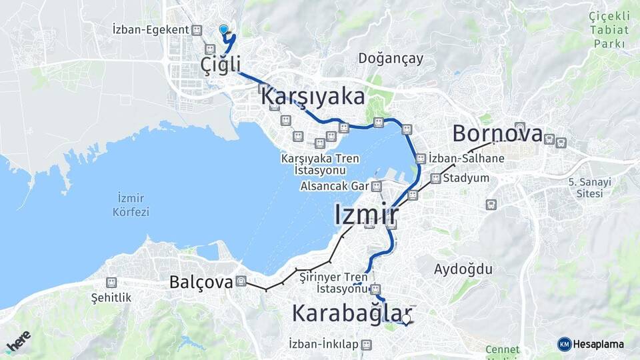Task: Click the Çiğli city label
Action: point(221,65)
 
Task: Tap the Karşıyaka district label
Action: point(313,96)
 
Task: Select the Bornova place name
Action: point(497,133)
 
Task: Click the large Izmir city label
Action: point(366,215)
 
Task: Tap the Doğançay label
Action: point(391,58)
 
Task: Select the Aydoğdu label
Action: point(463,269)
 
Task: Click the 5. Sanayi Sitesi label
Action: point(585,187)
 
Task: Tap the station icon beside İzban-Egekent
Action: point(197,30)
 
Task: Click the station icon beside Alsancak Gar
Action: point(377,186)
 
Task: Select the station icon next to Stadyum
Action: point(435,179)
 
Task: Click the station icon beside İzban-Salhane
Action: point(421,159)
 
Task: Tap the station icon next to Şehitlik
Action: point(111,283)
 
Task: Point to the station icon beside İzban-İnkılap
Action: point(367,344)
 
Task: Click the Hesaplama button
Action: point(591,344)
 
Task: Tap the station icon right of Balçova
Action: point(241,281)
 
